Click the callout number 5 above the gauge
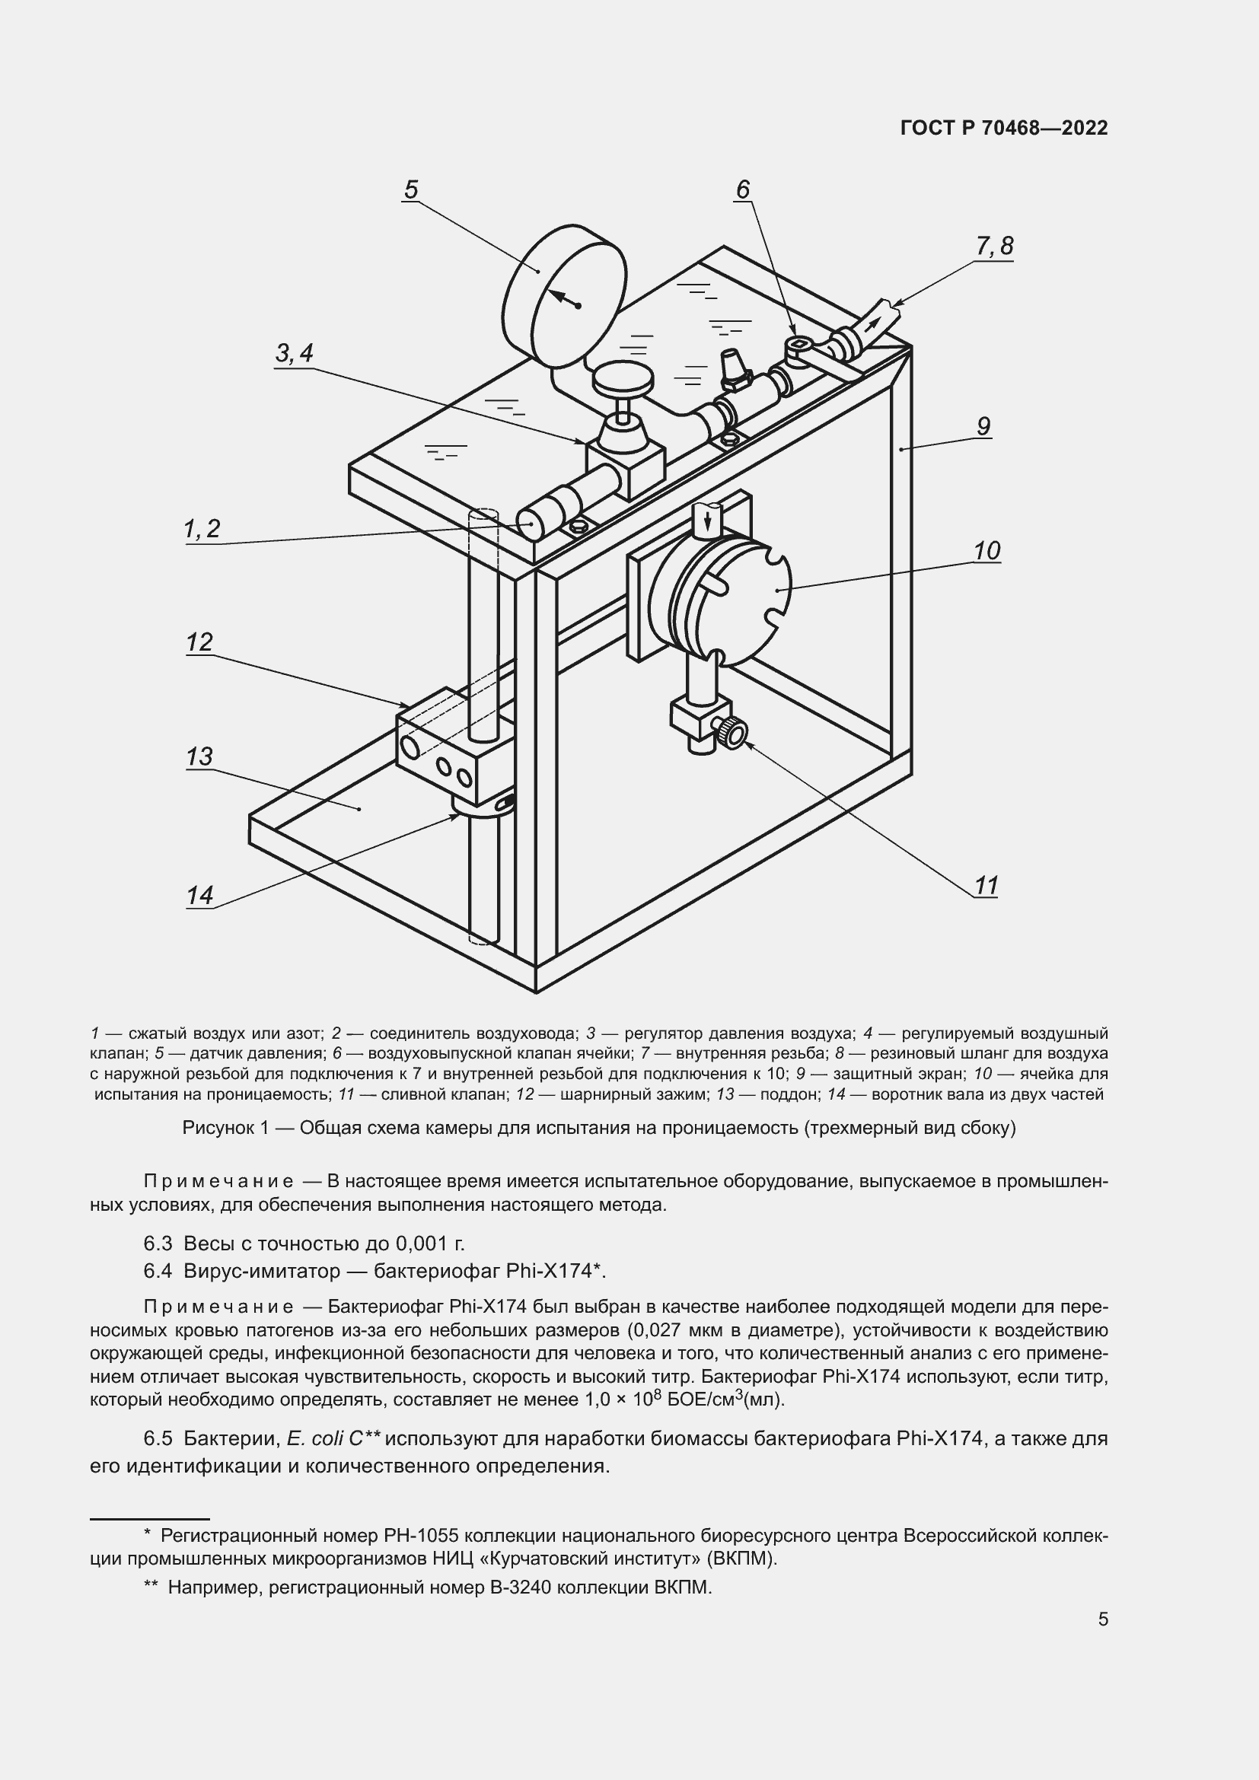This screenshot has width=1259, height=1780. (x=411, y=189)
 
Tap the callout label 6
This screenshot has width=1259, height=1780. (x=743, y=189)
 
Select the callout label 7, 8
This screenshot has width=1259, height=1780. (x=994, y=247)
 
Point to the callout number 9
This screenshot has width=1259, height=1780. (x=983, y=426)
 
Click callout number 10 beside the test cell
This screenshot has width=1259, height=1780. (x=987, y=551)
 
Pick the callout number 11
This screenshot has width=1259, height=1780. (x=985, y=885)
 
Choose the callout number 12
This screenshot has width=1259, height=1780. (x=199, y=642)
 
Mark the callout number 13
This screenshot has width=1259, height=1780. (x=199, y=756)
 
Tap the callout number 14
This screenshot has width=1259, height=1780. (x=199, y=896)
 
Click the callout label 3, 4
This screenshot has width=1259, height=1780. (x=295, y=354)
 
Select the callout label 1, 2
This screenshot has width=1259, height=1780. (x=202, y=529)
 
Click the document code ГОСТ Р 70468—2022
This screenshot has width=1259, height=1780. (x=1004, y=129)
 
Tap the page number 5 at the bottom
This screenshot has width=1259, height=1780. (x=1102, y=1619)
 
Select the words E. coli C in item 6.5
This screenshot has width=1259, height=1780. (x=324, y=1439)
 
